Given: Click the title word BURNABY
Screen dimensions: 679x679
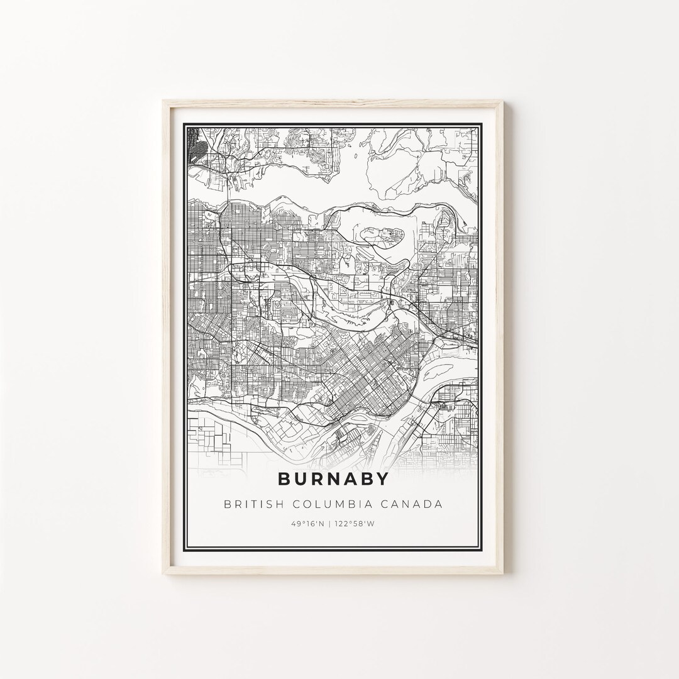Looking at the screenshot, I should [x=333, y=478].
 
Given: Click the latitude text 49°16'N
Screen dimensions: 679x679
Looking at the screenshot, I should [x=307, y=523].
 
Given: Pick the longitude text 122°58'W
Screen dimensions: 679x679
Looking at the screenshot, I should [x=357, y=523].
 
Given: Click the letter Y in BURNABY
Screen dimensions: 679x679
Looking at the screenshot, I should [x=382, y=478].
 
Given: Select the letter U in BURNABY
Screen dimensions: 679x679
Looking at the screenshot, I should [x=302, y=478].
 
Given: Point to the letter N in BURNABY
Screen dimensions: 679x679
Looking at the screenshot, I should [x=334, y=478].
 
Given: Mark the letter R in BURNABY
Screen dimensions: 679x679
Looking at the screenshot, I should [x=317, y=478].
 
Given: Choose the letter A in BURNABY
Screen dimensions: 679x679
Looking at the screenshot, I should [x=350, y=478].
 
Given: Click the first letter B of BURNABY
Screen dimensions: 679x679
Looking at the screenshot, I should [x=285, y=478].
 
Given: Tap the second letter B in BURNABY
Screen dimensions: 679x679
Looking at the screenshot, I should [x=366, y=478].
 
